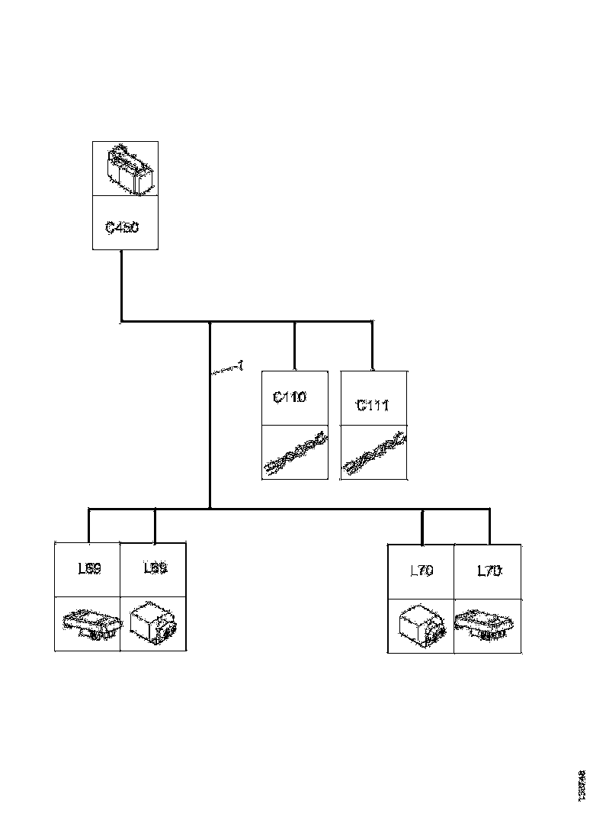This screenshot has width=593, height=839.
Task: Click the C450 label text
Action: coord(122,227)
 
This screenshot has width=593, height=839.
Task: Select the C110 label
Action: coord(289,397)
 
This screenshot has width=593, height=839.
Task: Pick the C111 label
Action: coord(373,405)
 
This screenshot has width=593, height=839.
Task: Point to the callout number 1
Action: coord(239,367)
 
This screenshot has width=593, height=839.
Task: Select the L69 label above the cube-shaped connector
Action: coord(155,568)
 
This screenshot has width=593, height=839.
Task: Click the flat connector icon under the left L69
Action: coord(90,623)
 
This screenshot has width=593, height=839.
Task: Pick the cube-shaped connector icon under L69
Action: coord(153,625)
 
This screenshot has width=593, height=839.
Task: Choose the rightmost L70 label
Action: coord(489,570)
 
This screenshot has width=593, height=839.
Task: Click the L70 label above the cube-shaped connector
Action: coord(422,570)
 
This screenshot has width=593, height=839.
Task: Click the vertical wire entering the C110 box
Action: coord(295,346)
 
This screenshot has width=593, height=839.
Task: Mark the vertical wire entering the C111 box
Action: coord(372,346)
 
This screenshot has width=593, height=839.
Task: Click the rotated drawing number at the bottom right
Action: coord(582,785)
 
